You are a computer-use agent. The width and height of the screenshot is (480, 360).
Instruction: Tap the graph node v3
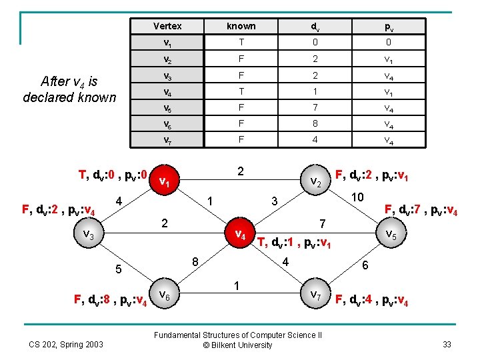click(x=89, y=234)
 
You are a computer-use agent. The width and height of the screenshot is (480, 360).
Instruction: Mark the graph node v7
click(x=317, y=293)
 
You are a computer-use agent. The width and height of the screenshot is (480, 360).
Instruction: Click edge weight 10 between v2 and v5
click(x=357, y=197)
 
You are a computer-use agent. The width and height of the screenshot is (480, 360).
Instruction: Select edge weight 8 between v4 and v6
click(x=195, y=261)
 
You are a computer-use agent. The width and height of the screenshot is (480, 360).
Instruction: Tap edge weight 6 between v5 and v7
click(x=365, y=265)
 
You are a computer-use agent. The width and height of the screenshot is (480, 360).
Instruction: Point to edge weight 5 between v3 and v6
click(x=118, y=270)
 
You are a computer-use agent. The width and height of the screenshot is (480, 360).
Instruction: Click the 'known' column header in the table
click(x=241, y=26)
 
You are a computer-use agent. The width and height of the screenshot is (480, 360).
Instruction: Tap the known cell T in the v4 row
click(x=241, y=90)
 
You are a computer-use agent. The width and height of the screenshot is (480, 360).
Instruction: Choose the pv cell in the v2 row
click(x=387, y=59)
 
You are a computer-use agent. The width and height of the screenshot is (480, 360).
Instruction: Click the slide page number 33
click(x=447, y=345)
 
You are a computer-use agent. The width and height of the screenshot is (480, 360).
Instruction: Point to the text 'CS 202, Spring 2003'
click(x=65, y=344)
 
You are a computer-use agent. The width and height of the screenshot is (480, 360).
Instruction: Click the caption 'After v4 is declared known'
click(x=69, y=89)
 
